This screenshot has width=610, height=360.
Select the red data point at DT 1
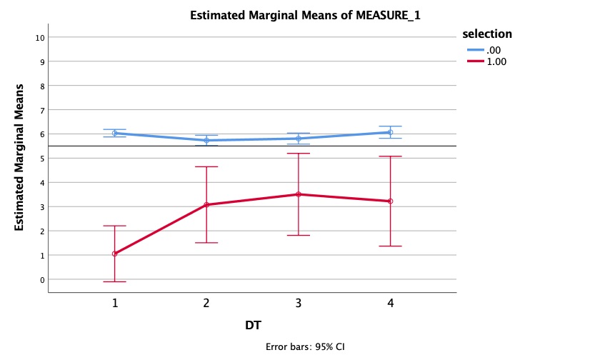[x=114, y=254]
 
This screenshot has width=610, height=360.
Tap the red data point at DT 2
[x=206, y=205]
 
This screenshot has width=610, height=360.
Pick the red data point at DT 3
[x=299, y=194]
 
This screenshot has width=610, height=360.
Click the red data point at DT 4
[x=390, y=201]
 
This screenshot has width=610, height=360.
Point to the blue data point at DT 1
[x=114, y=133]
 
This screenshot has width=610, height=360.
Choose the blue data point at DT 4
[x=390, y=132]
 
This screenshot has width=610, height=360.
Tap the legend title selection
[x=487, y=34]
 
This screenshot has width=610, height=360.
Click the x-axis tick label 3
[x=299, y=303]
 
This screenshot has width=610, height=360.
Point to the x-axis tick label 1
[x=114, y=303]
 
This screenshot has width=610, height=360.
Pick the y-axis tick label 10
[x=40, y=37]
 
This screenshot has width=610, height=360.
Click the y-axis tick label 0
[x=42, y=279]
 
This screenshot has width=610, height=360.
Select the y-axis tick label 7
[x=42, y=110]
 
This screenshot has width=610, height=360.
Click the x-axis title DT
[x=253, y=326]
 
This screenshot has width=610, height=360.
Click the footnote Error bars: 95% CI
[x=305, y=347]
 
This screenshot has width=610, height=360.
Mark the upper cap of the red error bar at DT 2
[x=206, y=166]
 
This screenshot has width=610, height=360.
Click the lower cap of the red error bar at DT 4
[x=390, y=246]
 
